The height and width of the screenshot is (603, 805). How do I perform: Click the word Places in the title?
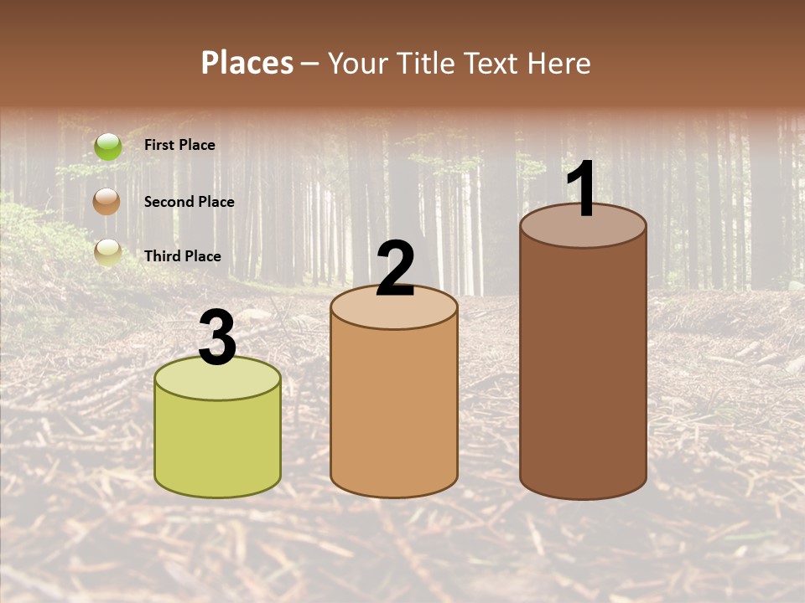(x=247, y=63)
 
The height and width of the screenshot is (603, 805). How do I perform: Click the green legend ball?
(x=108, y=147)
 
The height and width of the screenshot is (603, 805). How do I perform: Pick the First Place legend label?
(x=179, y=145)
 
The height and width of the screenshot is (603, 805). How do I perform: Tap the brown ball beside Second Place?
(x=107, y=202)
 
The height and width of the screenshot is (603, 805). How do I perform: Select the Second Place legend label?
(x=189, y=201)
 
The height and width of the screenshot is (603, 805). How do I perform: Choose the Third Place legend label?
(x=182, y=256)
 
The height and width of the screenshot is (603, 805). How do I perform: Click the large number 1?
(x=582, y=190)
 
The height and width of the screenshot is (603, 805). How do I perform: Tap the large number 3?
(x=218, y=338)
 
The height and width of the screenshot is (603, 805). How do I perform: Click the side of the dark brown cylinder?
(x=583, y=368)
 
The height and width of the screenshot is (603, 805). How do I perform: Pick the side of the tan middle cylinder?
(x=394, y=410)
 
